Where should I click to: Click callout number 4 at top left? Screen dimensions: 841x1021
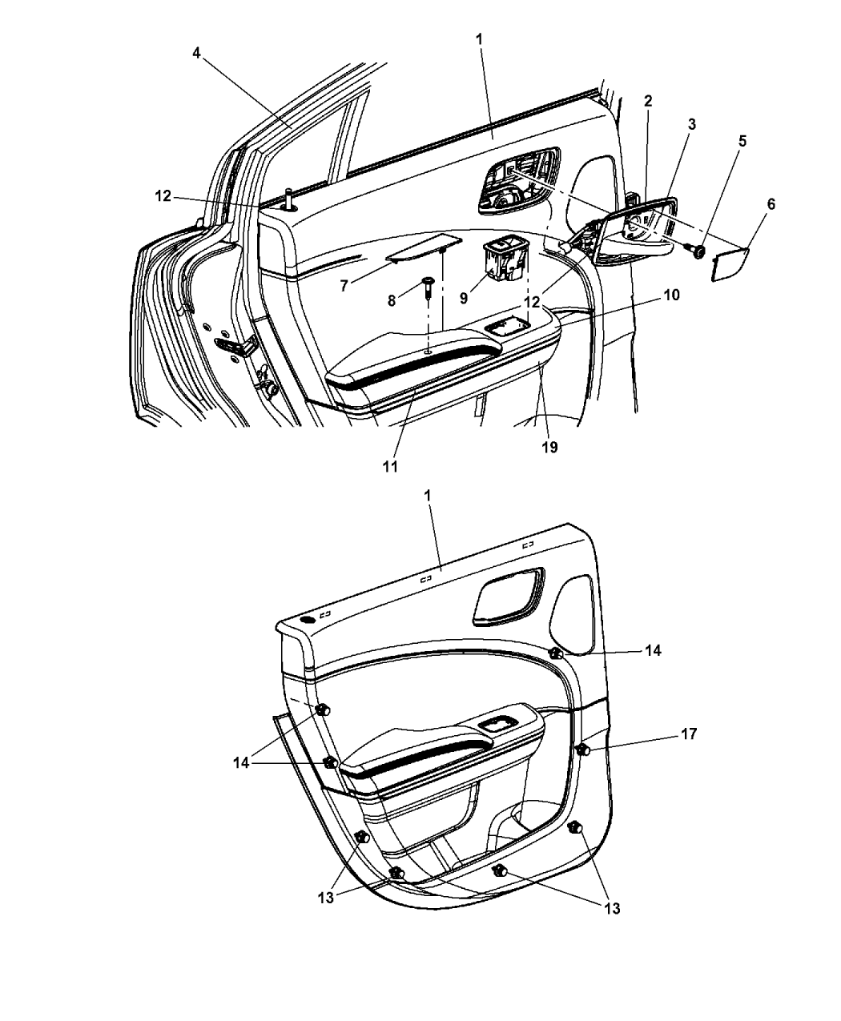pyautogui.click(x=197, y=53)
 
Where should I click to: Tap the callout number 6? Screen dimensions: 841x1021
pyautogui.click(x=771, y=204)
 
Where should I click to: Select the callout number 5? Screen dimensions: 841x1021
pyautogui.click(x=742, y=141)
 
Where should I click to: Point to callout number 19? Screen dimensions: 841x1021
pyautogui.click(x=550, y=447)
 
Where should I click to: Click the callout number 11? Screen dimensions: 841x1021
pyautogui.click(x=390, y=467)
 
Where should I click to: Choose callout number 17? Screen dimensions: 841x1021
pyautogui.click(x=689, y=748)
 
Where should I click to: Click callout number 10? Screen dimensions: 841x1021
pyautogui.click(x=672, y=295)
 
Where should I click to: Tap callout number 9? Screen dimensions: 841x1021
pyautogui.click(x=464, y=298)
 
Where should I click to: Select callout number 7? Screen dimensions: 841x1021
pyautogui.click(x=344, y=286)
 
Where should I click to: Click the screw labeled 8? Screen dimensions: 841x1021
pyautogui.click(x=428, y=289)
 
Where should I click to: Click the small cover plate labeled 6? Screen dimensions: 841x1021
pyautogui.click(x=730, y=264)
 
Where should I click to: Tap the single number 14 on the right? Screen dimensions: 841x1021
pyautogui.click(x=653, y=650)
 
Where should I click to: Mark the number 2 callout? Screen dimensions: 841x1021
pyautogui.click(x=648, y=101)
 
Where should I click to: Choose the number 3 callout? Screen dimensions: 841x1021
pyautogui.click(x=691, y=125)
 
